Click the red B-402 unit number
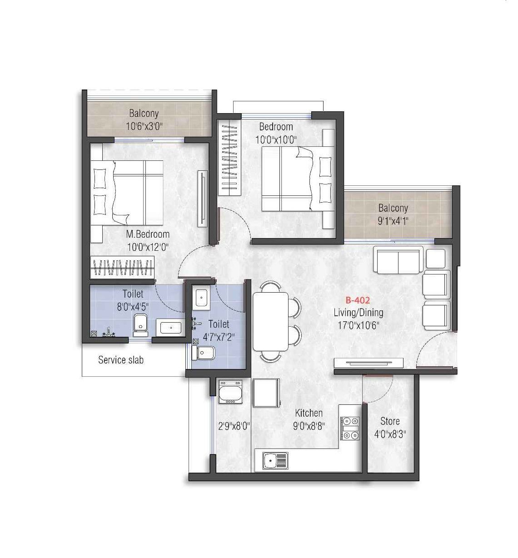[x=358, y=300]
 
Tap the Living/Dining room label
[x=358, y=313]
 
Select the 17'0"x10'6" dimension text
[x=358, y=325]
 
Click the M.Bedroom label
[x=148, y=234]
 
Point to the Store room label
[x=390, y=421]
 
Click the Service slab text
[x=121, y=360]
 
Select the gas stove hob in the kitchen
[x=350, y=428]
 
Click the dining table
[x=270, y=322]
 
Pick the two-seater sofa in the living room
[x=398, y=260]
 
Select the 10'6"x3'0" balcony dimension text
[x=144, y=126]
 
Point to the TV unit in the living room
[x=369, y=363]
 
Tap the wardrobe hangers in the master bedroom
[x=123, y=267]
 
